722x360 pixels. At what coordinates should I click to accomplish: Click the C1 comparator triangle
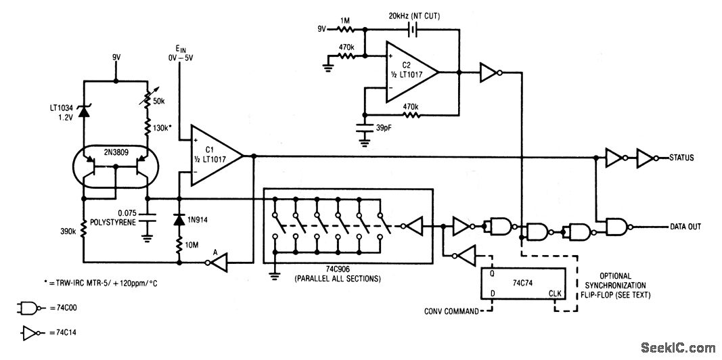coord(213,155)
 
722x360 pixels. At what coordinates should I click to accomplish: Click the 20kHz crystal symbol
coord(411,30)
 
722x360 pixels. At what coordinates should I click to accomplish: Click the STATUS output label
coord(681,158)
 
